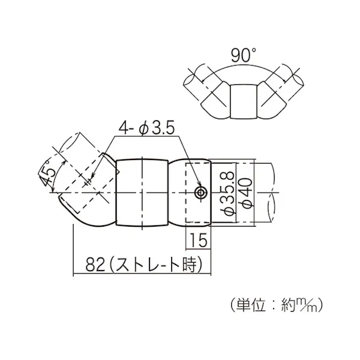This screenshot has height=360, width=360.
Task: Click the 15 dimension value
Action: (199, 240)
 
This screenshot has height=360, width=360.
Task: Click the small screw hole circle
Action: (201, 192)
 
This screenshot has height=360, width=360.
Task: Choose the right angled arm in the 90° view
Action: (275, 96)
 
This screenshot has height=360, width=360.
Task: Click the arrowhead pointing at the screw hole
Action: (199, 186)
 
